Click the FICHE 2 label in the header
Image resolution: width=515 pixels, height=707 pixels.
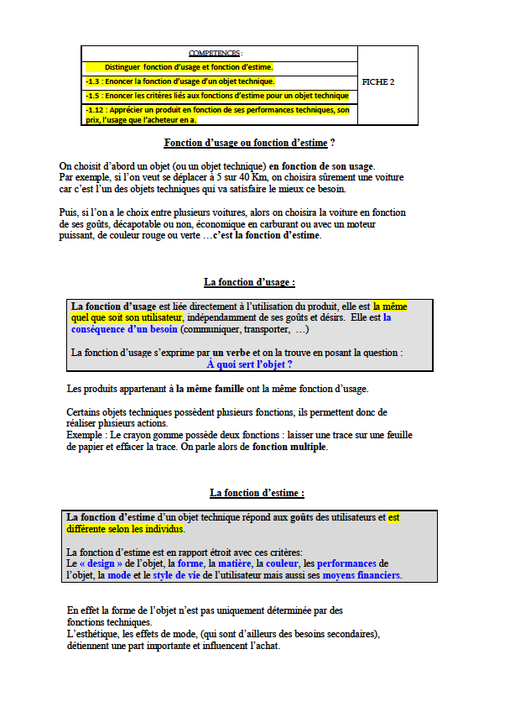[x=377, y=82]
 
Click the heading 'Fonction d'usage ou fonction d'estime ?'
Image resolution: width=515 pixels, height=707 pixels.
[x=249, y=144]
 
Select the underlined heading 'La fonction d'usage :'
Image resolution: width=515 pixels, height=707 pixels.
[x=249, y=282]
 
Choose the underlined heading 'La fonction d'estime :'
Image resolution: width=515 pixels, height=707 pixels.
[x=257, y=493]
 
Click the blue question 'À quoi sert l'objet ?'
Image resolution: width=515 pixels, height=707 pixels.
[x=249, y=364]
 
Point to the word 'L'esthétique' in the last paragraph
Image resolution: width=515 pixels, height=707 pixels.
[x=92, y=634]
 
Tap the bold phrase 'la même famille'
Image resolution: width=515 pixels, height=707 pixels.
[x=211, y=389]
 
